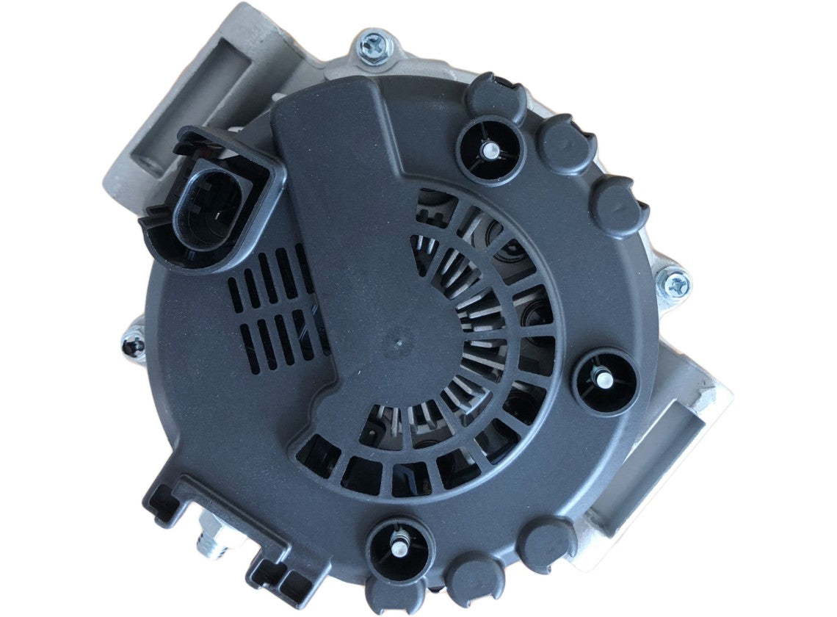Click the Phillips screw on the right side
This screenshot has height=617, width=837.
[x=674, y=283]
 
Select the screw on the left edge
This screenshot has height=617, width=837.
[x=134, y=342]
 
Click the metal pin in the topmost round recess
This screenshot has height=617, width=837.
[x=490, y=150]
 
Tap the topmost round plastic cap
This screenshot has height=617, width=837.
[x=496, y=95]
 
